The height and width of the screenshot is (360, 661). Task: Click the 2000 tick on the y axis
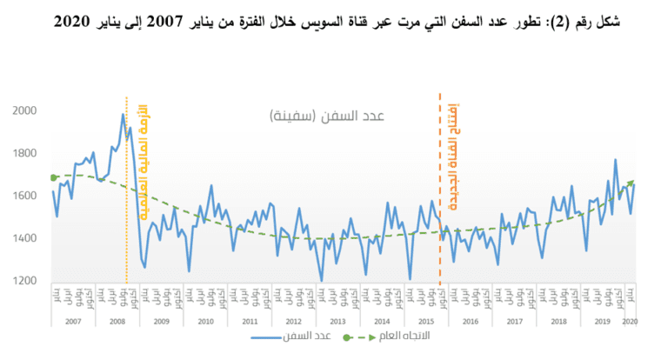(x=26, y=110)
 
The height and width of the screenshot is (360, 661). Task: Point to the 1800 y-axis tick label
(x=26, y=153)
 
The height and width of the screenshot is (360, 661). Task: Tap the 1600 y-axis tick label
(x=26, y=196)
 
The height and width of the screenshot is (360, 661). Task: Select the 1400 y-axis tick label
(x=26, y=238)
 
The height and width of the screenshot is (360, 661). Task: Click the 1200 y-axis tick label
(x=26, y=281)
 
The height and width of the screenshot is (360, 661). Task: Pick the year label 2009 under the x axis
(x=160, y=322)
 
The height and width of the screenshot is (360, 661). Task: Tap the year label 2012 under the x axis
(x=293, y=322)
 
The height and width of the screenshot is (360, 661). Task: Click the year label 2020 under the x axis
(x=629, y=322)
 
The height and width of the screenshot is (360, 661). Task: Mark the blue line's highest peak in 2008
(x=123, y=114)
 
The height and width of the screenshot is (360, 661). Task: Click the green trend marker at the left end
(x=54, y=177)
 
